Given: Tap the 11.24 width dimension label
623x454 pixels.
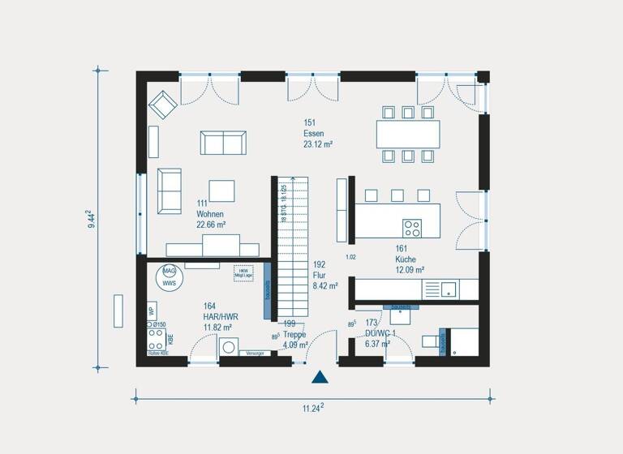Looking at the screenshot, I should coord(312,408).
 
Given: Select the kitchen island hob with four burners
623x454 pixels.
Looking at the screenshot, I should coord(412,227).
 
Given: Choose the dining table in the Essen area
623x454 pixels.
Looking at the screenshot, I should coord(408,133).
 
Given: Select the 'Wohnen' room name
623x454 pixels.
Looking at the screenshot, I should coord(208,213).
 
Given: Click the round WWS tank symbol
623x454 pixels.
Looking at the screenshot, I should coord(169,277).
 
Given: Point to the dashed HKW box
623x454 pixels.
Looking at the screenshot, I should coord(243,273).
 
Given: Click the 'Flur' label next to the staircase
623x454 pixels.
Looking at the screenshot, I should coord(320,274).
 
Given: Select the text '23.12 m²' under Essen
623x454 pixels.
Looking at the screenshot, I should coord(318,144).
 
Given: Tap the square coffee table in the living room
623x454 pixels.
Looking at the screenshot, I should coord(222,191).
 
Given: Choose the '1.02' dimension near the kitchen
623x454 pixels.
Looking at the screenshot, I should coord(350,257).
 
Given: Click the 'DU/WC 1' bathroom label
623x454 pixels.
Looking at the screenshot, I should coord(379,333).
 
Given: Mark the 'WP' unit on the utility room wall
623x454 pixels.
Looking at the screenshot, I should coord(151,311).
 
